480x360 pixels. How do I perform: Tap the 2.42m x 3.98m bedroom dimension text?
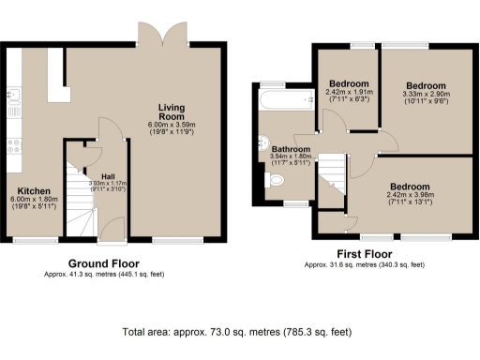[x=413, y=195]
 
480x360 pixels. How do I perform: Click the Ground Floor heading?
[x=102, y=263]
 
